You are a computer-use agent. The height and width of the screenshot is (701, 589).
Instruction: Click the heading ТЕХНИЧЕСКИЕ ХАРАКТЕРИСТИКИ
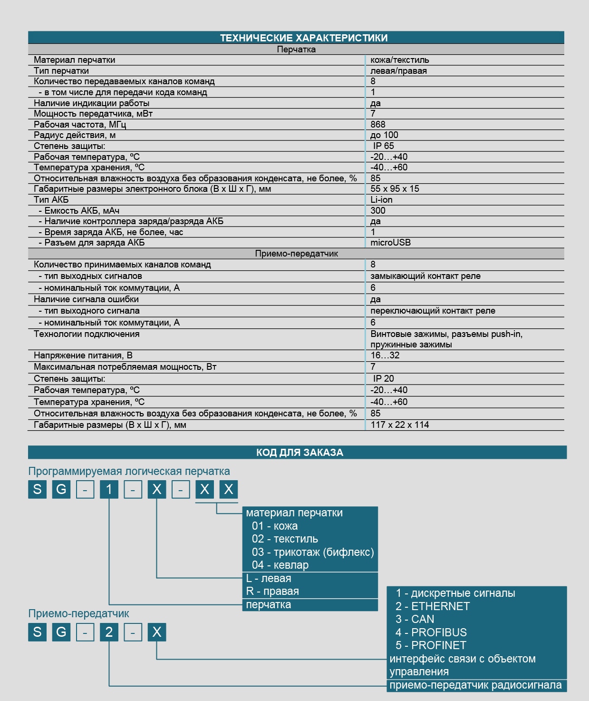point(303,38)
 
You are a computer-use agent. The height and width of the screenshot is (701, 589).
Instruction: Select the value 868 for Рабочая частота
point(378,125)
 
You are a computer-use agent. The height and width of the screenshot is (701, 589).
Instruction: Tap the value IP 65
point(383,146)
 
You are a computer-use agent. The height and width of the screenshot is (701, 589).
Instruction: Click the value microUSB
point(390,243)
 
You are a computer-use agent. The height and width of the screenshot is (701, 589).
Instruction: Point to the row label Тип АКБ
point(51,200)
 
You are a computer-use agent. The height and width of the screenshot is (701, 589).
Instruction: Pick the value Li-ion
point(381,200)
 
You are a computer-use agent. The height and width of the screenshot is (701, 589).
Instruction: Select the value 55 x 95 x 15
point(395,189)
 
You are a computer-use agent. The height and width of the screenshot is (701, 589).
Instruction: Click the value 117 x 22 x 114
point(399,425)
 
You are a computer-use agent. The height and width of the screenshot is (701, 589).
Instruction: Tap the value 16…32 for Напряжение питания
point(385,355)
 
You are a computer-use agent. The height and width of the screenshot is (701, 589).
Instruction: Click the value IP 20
point(383,379)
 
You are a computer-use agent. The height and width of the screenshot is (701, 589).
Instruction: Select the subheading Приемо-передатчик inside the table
point(296,254)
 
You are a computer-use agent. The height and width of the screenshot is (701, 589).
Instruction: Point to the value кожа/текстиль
point(399,60)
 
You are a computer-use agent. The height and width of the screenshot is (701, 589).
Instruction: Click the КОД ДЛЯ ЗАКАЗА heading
point(299,453)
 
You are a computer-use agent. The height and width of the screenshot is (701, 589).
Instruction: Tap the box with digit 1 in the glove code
point(109,489)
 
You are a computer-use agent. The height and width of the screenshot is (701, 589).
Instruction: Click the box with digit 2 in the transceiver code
point(109,632)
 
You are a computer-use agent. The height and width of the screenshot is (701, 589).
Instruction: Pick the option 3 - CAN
point(415,619)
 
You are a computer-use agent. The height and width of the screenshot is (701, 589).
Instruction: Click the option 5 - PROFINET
point(431,645)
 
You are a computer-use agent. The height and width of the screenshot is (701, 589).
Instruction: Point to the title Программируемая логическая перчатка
point(129,472)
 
